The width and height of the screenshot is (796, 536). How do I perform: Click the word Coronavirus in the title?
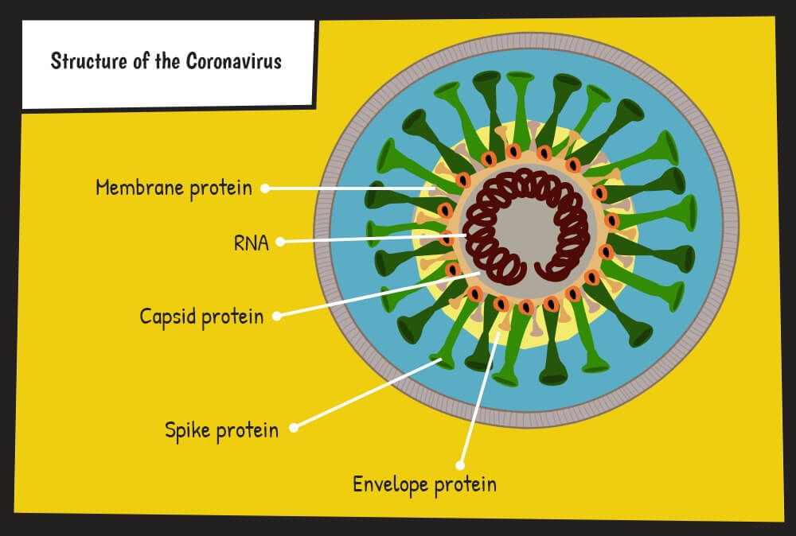click(233, 61)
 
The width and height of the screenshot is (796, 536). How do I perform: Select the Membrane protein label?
click(174, 188)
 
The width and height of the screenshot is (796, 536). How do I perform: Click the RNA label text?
click(252, 243)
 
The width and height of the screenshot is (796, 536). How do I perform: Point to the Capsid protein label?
click(201, 317)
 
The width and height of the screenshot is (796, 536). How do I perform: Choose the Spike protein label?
click(221, 430)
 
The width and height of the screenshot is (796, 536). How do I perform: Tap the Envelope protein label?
click(424, 484)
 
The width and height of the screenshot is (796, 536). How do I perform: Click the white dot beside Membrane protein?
click(265, 188)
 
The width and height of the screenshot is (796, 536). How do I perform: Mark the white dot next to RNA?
click(279, 242)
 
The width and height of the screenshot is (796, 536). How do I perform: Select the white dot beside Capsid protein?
click(277, 317)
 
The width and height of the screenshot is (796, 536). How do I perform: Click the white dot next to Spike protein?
click(294, 428)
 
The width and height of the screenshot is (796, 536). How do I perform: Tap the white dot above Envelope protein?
click(460, 465)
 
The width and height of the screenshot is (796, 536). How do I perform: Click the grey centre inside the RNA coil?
click(525, 228)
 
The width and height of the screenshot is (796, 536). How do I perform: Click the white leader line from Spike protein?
click(367, 394)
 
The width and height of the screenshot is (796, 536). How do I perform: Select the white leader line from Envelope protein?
click(478, 399)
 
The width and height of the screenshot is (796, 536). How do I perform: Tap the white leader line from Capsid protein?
click(378, 294)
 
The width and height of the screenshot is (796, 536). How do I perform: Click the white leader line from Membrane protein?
click(350, 188)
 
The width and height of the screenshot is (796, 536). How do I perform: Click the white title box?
click(168, 64)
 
